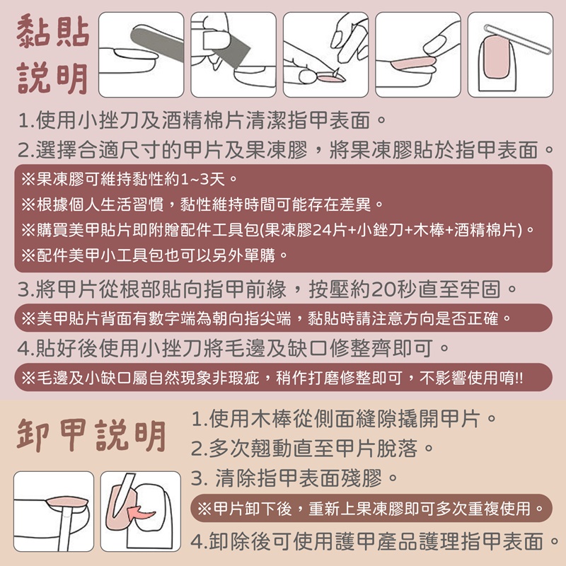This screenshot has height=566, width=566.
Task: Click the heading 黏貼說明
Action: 52,54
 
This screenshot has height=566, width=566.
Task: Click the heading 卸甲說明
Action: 91,435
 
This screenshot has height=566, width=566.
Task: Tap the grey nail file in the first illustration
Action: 157,42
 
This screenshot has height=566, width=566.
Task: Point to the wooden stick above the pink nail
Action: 517,40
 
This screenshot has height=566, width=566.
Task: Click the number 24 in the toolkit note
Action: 320,230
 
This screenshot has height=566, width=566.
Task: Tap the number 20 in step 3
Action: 382,289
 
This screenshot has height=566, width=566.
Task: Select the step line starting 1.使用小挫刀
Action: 202,120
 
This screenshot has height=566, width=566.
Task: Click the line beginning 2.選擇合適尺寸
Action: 285,150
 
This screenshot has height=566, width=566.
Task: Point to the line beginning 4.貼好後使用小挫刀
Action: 233,348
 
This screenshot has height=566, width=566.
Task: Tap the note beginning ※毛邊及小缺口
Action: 272,378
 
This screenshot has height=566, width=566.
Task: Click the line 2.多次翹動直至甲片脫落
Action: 312,449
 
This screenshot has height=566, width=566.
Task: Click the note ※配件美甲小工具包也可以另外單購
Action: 154,255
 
